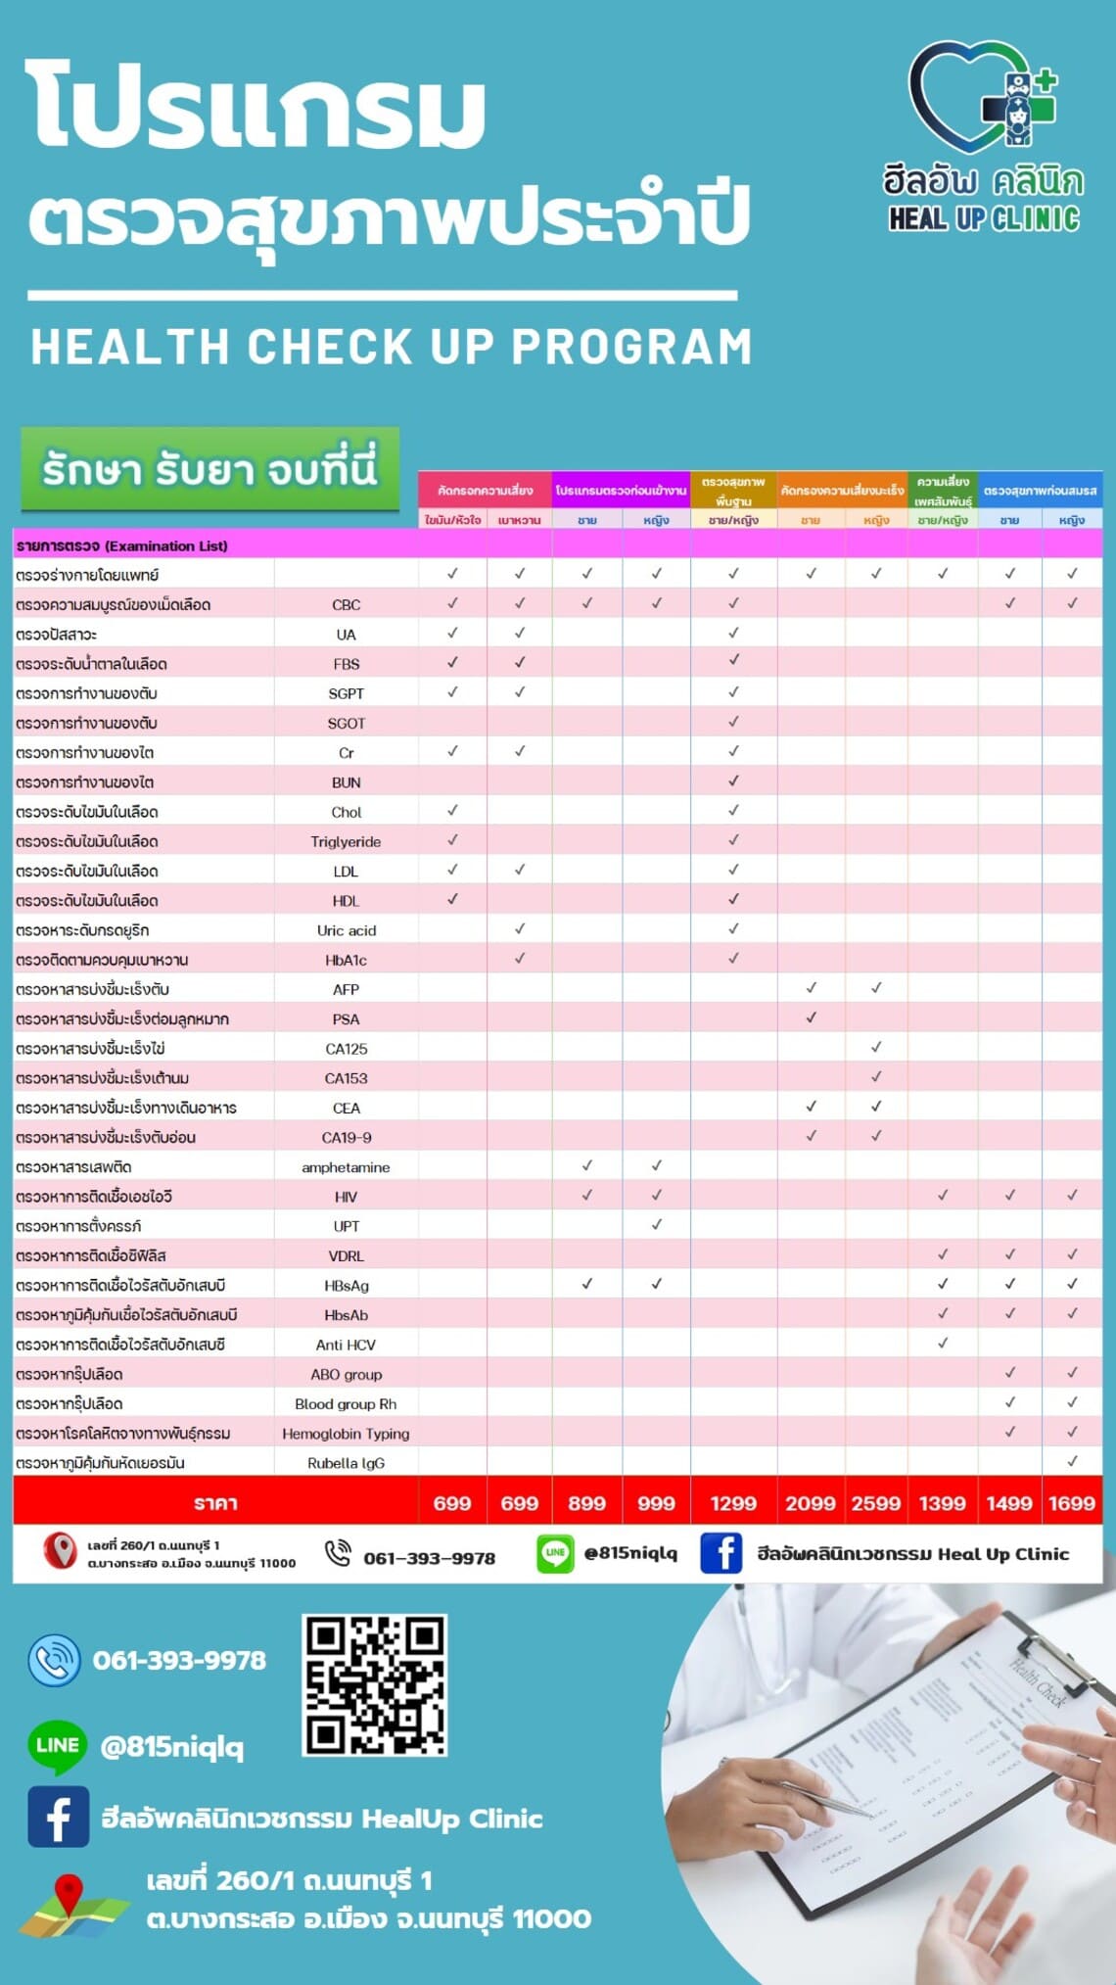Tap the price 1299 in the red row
733,1503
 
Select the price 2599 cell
875,1503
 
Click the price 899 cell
586,1503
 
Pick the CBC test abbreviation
347,605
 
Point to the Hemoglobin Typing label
346,1434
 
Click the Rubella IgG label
346,1463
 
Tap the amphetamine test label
346,1167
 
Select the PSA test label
346,1019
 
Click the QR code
375,1685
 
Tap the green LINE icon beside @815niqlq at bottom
57,1746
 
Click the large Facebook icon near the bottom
58,1818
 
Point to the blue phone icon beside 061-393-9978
55,1661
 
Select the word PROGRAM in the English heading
631,347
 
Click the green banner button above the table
209,469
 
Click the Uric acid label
346,930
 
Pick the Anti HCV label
346,1345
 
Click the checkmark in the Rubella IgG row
1072,1461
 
